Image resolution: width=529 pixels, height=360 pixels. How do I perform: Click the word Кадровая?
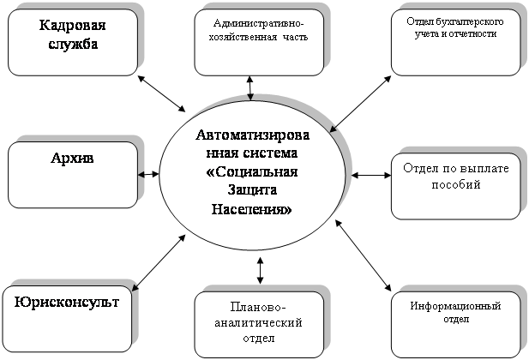pyautogui.click(x=73, y=26)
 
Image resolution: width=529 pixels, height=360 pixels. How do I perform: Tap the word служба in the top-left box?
pyautogui.click(x=73, y=44)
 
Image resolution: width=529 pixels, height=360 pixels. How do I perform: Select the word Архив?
pyautogui.click(x=72, y=158)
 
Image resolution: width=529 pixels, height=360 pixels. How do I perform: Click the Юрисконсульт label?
pyautogui.click(x=67, y=302)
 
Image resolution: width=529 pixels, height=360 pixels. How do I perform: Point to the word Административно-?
pyautogui.click(x=258, y=24)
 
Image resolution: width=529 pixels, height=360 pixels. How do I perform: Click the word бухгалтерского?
pyautogui.click(x=470, y=21)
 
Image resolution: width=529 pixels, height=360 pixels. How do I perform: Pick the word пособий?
pyautogui.click(x=456, y=184)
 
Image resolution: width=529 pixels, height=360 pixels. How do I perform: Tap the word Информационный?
pyautogui.click(x=455, y=306)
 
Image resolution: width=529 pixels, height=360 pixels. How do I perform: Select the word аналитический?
pyautogui.click(x=258, y=323)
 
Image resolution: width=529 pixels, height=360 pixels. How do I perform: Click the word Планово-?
pyautogui.click(x=258, y=307)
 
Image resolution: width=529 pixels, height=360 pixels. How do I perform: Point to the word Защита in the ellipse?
pyautogui.click(x=252, y=189)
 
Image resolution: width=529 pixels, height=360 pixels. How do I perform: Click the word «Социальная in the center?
pyautogui.click(x=252, y=171)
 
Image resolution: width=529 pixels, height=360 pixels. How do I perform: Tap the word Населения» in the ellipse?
pyautogui.click(x=252, y=209)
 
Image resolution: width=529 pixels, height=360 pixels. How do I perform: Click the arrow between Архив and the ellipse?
pyautogui.click(x=148, y=174)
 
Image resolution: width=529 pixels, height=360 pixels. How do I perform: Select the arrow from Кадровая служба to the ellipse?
pyautogui.click(x=161, y=93)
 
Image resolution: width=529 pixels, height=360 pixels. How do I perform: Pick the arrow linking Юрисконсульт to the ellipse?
pyautogui.click(x=159, y=263)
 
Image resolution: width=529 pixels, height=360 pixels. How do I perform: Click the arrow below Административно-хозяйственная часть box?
pyautogui.click(x=250, y=88)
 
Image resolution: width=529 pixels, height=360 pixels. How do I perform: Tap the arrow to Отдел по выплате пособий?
pyautogui.click(x=371, y=175)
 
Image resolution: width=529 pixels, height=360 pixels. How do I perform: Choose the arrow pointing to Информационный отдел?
pyautogui.click(x=363, y=255)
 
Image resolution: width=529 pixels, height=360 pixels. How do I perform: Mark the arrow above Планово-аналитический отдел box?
pyautogui.click(x=260, y=271)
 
